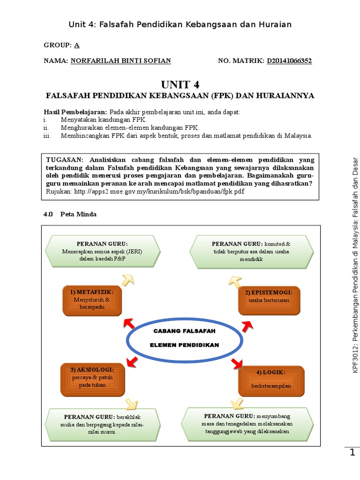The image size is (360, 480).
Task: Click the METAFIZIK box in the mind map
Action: click(92, 300)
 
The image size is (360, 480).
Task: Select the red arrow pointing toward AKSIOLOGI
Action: click(132, 360)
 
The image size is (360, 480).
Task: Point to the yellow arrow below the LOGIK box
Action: click(237, 403)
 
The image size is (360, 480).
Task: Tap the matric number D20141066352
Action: click(289, 61)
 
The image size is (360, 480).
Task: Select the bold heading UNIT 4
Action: click(180, 85)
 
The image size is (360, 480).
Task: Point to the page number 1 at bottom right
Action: click(352, 452)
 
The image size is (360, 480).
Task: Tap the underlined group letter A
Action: click(77, 45)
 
